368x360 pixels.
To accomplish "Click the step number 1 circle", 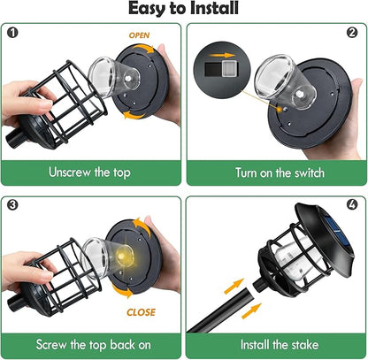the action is tap(12, 33).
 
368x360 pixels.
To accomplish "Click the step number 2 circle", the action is tap(352, 33).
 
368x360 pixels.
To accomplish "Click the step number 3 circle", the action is tap(12, 204).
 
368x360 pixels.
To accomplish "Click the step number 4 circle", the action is tap(352, 204).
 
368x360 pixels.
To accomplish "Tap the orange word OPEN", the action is tap(139, 35).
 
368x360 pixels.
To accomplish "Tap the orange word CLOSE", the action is tap(141, 312).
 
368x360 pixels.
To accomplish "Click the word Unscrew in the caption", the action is tap(70, 172).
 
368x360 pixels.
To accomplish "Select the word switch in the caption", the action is tap(310, 172).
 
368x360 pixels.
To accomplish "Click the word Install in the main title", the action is tap(214, 8).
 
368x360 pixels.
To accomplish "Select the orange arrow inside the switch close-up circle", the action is tap(223, 55).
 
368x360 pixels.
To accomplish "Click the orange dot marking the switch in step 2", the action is tap(279, 110).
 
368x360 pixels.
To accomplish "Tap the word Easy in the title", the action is tap(147, 9).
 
